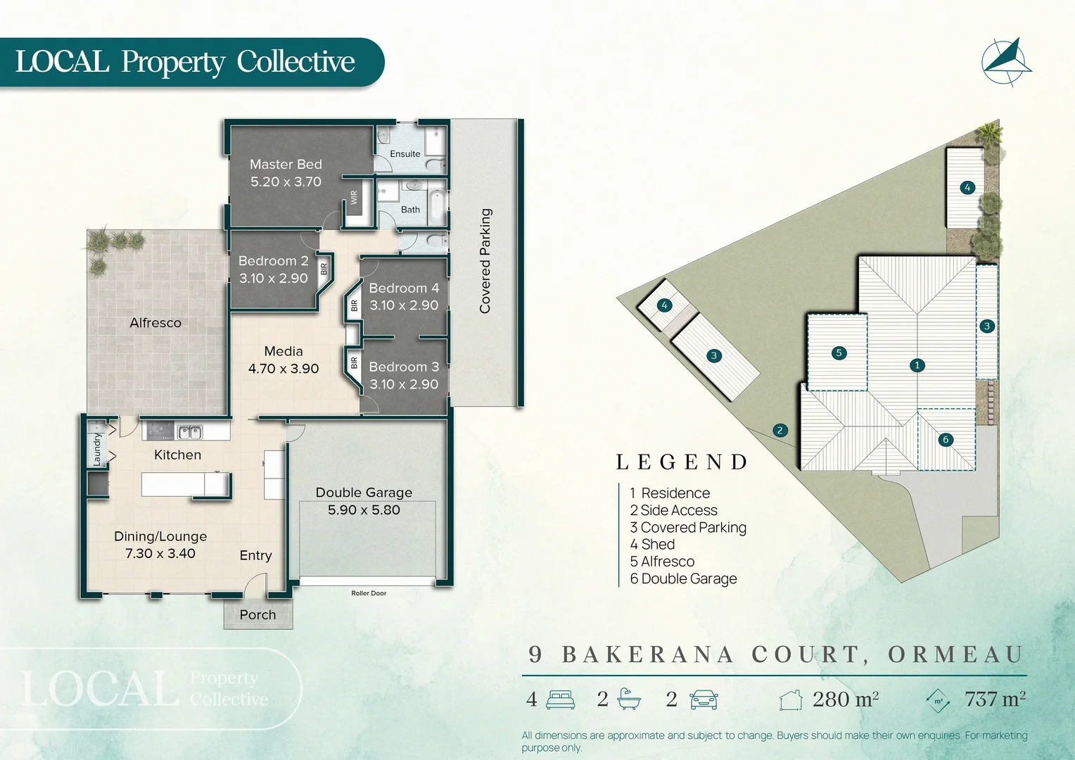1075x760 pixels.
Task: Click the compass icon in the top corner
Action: (x=1006, y=63)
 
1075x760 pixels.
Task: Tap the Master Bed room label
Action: (x=286, y=164)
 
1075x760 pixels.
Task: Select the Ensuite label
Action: (x=405, y=153)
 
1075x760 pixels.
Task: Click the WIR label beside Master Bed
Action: (x=354, y=197)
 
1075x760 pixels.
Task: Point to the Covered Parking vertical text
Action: (x=485, y=260)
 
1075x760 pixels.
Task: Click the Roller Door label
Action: (x=369, y=593)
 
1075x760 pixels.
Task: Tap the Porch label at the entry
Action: (x=257, y=614)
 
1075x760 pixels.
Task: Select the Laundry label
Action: (x=97, y=450)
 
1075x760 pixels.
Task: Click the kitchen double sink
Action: (x=189, y=432)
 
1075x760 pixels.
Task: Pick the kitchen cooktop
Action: (x=160, y=431)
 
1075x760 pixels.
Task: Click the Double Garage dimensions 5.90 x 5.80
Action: (x=364, y=510)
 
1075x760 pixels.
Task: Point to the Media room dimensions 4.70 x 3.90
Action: (x=284, y=369)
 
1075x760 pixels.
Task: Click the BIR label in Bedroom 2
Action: (x=324, y=269)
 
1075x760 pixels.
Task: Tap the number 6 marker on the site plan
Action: (x=946, y=439)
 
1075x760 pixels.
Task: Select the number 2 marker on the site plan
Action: (x=780, y=430)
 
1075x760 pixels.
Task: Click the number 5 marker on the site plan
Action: (x=839, y=353)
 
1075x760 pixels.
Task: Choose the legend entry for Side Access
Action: (x=674, y=510)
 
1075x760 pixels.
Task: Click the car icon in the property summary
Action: (x=704, y=699)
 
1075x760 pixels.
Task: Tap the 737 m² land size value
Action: (x=995, y=699)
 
